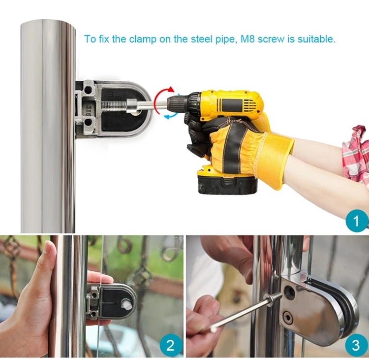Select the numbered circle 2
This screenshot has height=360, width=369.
170,345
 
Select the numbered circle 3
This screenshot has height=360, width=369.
355,345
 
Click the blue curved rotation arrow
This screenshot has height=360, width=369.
170,115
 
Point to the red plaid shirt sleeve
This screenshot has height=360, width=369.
356,153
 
